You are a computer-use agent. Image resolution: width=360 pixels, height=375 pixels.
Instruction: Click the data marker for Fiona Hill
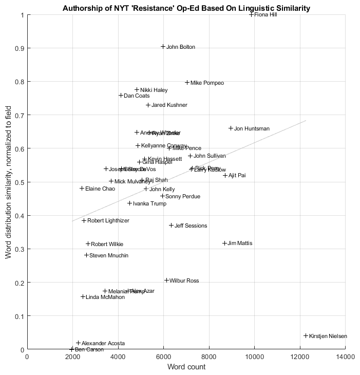[x=252, y=14]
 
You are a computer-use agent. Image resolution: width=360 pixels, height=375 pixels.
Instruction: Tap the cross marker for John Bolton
[x=163, y=47]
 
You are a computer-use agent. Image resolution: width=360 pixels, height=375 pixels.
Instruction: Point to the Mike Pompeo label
[x=207, y=83]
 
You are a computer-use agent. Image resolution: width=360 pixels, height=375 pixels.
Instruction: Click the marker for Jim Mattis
[x=224, y=243]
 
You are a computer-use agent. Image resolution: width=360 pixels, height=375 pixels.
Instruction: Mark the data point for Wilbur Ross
[x=166, y=280]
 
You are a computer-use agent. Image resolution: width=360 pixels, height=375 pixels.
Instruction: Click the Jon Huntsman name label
[x=252, y=129]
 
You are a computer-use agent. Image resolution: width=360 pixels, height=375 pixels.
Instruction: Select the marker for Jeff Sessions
[x=172, y=226]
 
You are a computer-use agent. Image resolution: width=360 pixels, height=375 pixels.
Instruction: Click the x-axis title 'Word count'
[x=186, y=367]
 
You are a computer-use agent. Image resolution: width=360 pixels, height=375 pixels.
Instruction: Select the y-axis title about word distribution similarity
[x=8, y=182]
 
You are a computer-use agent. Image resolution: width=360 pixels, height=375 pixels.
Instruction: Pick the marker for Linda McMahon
[x=83, y=297]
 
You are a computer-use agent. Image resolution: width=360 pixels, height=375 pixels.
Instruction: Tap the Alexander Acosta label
[x=103, y=343]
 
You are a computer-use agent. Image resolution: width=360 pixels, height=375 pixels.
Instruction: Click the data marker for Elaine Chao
[x=82, y=189]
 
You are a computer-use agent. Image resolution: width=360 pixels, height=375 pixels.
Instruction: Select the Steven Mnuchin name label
[x=109, y=255]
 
